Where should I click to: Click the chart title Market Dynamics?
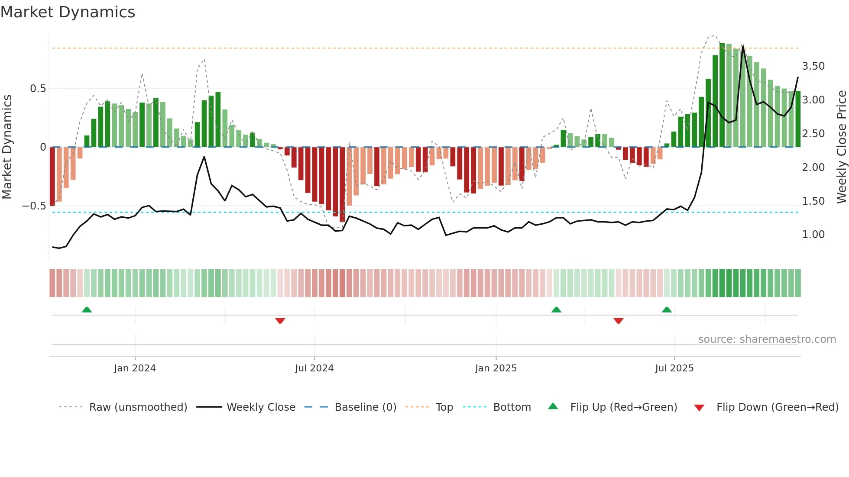[68, 12]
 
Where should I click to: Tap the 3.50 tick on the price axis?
[813, 66]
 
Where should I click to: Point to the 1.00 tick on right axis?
[813, 235]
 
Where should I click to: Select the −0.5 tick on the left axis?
[34, 206]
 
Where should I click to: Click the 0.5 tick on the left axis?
[38, 89]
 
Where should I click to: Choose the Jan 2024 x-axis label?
[135, 368]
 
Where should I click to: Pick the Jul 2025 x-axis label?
[674, 368]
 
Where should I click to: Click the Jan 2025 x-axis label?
[496, 368]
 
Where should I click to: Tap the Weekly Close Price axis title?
[841, 147]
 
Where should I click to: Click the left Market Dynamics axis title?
[7, 147]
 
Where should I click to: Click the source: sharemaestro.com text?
[767, 339]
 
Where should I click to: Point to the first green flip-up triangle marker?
[87, 309]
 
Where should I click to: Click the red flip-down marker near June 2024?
[280, 321]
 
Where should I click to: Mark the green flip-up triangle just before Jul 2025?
[667, 309]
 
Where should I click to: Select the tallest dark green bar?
[722, 95]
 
